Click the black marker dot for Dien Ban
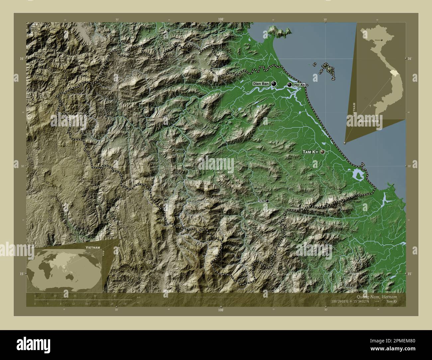click(273, 84)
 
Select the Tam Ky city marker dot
click(322, 152)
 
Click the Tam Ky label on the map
click(310, 152)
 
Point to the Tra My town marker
click(267, 201)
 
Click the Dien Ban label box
click(261, 84)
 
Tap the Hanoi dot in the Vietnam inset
click(381, 40)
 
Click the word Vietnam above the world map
click(92, 248)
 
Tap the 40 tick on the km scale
click(115, 296)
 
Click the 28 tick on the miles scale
click(125, 304)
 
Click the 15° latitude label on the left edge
click(21, 274)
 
